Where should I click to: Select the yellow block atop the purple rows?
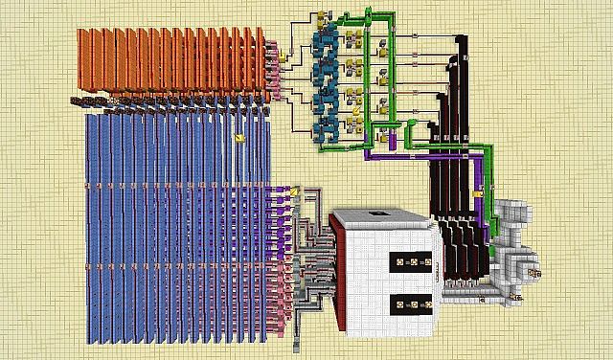click(x=297, y=191)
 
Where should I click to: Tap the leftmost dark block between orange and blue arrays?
click(x=77, y=100)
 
